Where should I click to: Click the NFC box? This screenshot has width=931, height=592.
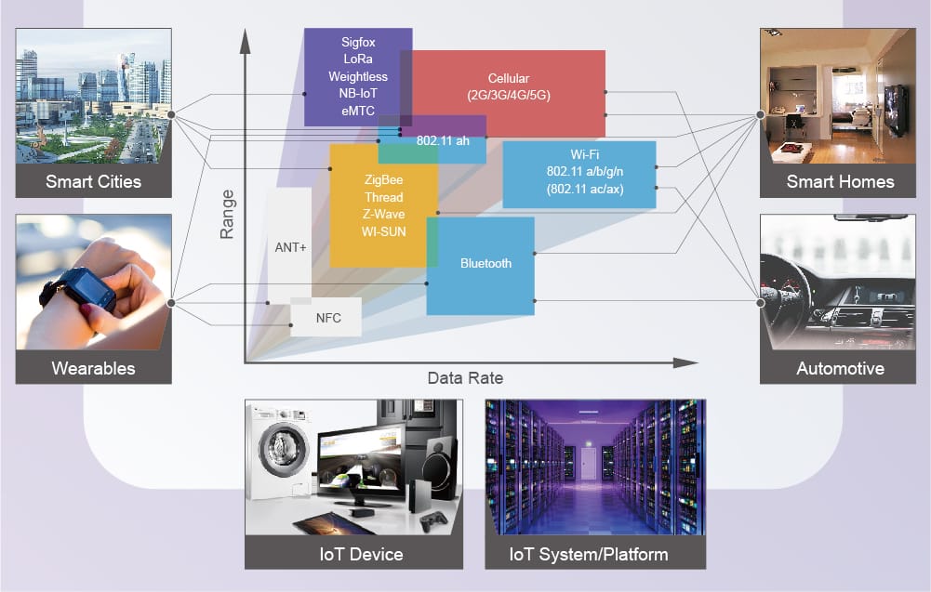(x=327, y=318)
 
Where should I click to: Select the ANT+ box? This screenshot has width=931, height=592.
(x=290, y=247)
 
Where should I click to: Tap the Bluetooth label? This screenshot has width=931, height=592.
(x=485, y=264)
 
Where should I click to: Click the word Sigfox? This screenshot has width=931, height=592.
(x=358, y=43)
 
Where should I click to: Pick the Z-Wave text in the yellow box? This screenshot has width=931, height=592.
(x=382, y=215)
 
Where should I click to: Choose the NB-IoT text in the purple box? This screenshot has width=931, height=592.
(x=358, y=93)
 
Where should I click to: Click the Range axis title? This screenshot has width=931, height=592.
(x=227, y=215)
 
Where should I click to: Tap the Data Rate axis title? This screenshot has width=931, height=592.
(x=465, y=378)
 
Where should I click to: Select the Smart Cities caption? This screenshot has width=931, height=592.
(x=93, y=181)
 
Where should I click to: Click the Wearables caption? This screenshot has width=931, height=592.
(x=93, y=368)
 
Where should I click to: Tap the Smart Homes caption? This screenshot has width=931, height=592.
(x=840, y=181)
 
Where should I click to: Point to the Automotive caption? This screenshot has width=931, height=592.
(x=840, y=368)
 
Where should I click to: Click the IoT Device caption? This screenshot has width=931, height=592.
(x=353, y=554)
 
